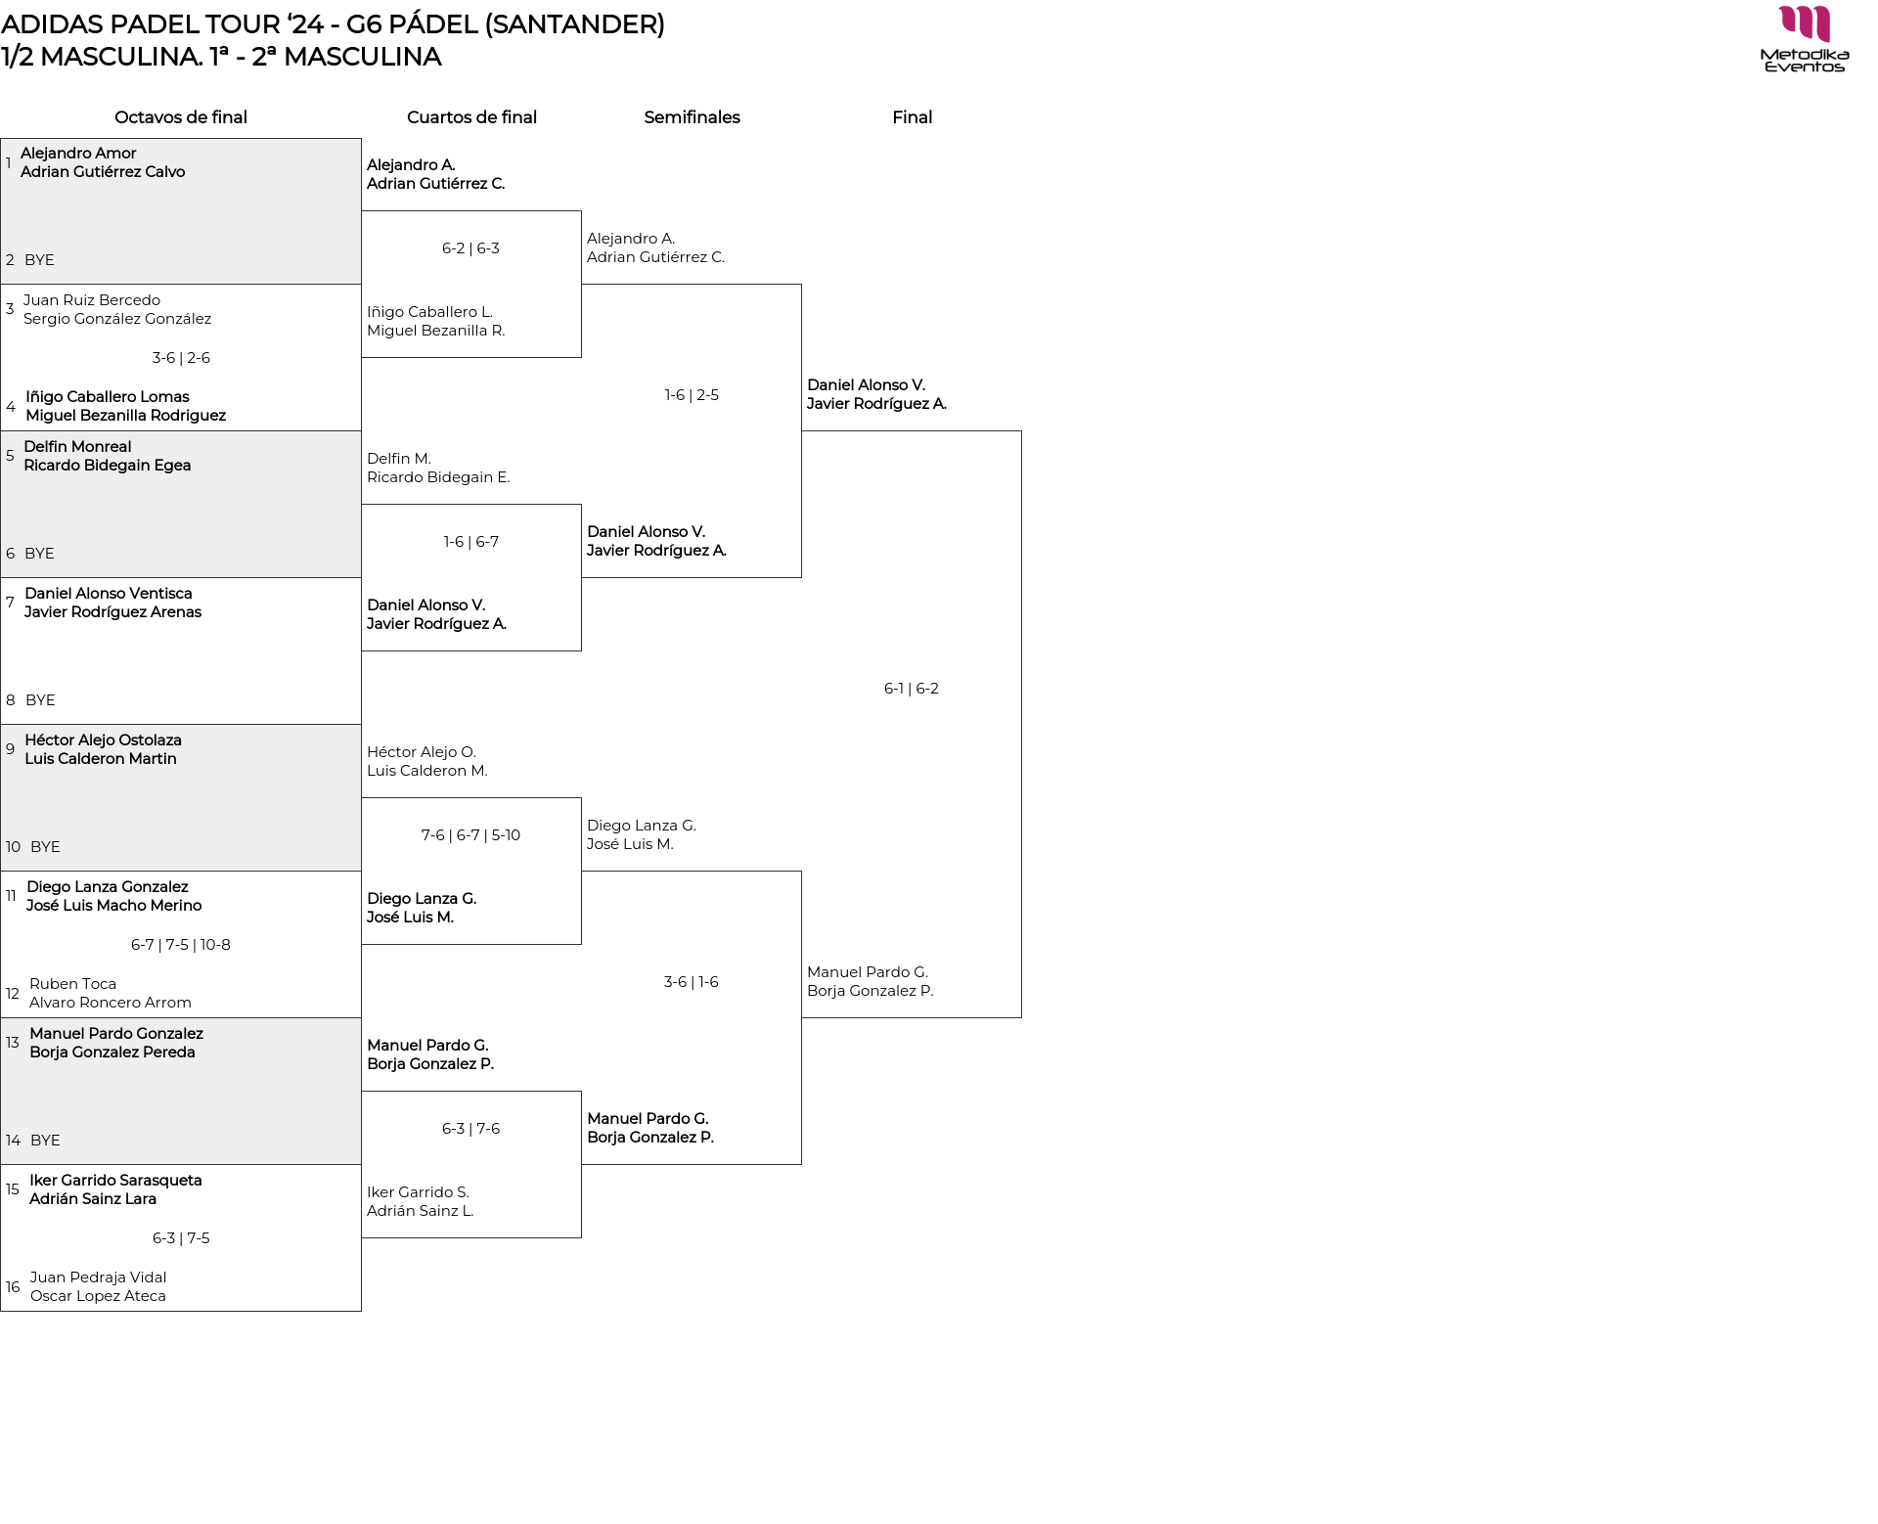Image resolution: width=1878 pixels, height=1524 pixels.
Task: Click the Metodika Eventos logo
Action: (x=1804, y=39)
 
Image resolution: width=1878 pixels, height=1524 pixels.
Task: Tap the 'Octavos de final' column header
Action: (x=181, y=117)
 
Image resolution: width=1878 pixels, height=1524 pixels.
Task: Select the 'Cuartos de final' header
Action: (x=471, y=117)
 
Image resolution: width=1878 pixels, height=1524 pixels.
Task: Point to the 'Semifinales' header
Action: (x=692, y=117)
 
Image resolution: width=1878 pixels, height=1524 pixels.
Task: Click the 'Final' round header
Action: (x=912, y=117)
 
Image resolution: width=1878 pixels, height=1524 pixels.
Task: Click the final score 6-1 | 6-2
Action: (x=912, y=689)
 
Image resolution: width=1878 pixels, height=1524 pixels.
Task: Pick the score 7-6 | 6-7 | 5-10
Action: (x=470, y=835)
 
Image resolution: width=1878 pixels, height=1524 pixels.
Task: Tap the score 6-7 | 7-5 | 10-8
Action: (x=181, y=945)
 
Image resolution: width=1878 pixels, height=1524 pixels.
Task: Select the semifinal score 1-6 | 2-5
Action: (x=692, y=395)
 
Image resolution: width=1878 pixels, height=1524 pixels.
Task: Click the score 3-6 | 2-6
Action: (x=181, y=358)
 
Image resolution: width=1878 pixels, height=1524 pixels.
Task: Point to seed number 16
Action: (x=13, y=1287)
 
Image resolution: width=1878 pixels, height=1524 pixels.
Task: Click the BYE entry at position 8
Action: (x=40, y=700)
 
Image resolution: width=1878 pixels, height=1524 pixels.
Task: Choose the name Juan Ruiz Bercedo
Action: (x=92, y=300)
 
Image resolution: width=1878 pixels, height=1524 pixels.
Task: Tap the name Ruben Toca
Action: (x=72, y=984)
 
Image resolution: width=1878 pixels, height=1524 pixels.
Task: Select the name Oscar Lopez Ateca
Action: (x=98, y=1296)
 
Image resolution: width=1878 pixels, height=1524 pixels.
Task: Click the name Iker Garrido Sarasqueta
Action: (x=115, y=1181)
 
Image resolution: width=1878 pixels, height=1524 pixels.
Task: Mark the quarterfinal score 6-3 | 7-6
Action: (x=470, y=1129)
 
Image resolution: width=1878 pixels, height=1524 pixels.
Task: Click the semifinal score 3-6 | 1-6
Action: (x=692, y=982)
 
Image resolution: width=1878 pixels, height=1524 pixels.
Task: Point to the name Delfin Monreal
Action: (x=77, y=447)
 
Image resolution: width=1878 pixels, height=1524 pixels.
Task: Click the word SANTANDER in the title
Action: (x=575, y=24)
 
